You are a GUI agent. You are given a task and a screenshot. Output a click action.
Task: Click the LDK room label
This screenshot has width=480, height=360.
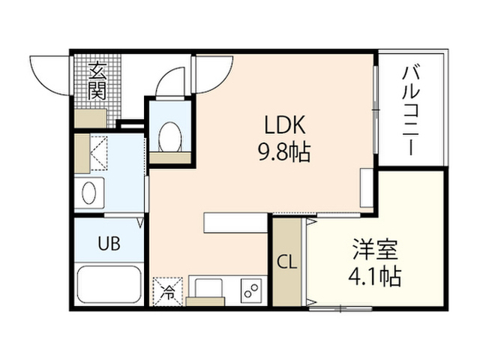click(285, 125)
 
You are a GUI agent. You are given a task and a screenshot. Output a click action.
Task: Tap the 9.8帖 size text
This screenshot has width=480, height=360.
click(284, 151)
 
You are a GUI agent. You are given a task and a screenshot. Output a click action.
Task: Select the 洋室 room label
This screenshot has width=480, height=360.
click(375, 250)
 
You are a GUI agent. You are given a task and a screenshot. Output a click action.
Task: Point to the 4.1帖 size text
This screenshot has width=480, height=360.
click(375, 277)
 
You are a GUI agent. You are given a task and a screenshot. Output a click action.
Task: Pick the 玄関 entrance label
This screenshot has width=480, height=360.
click(97, 81)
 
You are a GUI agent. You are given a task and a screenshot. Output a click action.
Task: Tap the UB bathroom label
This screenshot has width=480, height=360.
click(109, 243)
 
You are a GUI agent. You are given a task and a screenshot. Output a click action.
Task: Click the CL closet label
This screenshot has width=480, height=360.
click(286, 262)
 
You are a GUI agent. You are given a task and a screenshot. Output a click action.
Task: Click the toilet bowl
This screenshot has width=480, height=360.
click(170, 136)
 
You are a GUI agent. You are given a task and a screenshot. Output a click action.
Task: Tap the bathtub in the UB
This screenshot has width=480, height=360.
click(109, 284)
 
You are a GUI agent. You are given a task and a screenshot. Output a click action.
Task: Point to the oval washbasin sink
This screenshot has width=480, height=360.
click(89, 193)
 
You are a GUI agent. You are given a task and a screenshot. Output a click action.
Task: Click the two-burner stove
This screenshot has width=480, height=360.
click(251, 291)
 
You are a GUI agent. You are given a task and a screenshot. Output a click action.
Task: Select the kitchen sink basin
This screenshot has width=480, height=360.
click(205, 288)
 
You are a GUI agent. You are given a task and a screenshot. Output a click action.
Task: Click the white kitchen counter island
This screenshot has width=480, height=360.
click(235, 223)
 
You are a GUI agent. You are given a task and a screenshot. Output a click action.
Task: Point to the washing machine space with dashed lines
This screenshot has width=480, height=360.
click(99, 153)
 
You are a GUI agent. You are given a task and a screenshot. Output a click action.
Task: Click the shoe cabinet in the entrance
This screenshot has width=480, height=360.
click(91, 118)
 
